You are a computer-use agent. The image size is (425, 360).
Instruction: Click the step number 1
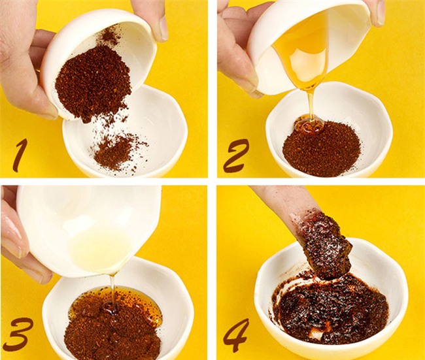[22, 155]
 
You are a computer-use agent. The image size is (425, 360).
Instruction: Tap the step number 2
[236, 156]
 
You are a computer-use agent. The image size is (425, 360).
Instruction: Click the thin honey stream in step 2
[311, 105]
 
